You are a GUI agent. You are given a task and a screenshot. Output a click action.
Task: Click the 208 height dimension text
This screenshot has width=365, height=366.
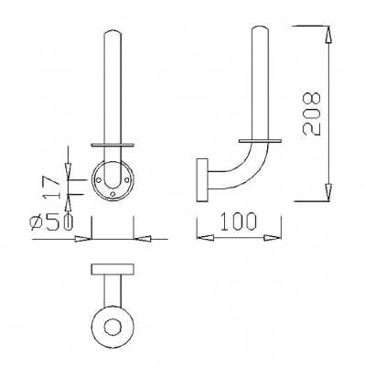point(314,113)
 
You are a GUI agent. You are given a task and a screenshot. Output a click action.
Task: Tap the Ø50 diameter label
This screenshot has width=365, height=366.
point(48,221)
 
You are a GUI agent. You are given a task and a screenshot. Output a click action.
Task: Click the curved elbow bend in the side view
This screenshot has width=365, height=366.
point(236,176)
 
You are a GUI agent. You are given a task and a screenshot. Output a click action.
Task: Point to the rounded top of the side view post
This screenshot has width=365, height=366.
point(262,33)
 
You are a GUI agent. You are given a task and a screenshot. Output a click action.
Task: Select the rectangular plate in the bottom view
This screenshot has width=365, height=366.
point(113,270)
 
